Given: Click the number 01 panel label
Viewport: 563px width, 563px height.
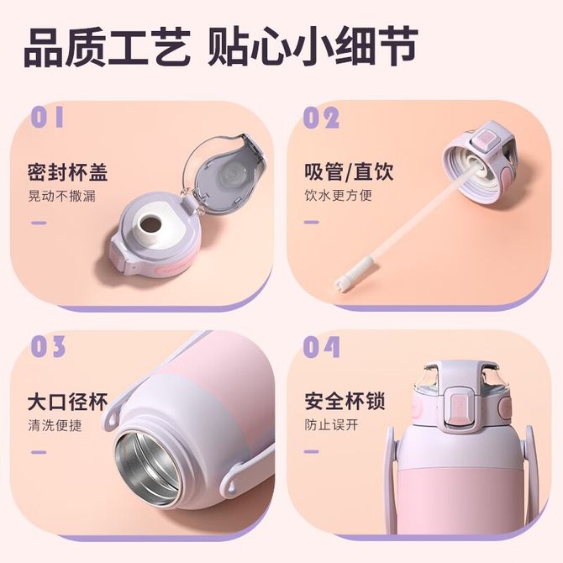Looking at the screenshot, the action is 47,117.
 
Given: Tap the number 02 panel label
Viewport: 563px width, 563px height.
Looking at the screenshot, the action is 321,118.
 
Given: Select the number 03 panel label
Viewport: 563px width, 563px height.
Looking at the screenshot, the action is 48,346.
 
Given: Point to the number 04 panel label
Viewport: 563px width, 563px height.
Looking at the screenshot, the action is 321,347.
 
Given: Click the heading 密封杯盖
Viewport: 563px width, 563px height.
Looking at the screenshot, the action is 67,172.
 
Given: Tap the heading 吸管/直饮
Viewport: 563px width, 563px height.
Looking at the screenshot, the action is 349,171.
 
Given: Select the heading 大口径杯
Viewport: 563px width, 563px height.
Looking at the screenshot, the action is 67,402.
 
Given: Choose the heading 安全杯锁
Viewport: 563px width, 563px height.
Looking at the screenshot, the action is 345,401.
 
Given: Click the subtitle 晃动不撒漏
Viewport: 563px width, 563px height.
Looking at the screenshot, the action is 61,197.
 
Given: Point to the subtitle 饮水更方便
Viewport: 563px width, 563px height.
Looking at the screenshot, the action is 339,195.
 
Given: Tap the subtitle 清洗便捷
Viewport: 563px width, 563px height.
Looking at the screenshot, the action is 55,426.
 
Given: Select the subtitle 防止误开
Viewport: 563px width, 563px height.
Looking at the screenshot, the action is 331,424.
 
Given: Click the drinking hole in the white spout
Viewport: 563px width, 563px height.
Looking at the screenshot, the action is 150,224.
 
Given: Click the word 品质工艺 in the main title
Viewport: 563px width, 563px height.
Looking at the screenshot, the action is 107,47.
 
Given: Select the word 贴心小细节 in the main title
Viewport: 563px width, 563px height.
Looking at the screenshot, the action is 313,47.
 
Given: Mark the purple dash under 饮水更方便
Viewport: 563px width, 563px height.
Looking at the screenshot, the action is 312,222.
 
